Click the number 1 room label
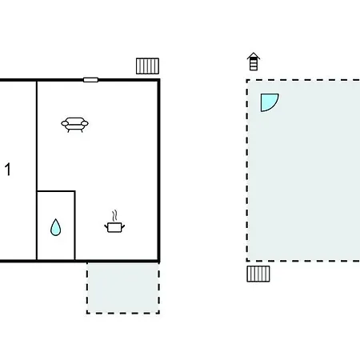pyautogui.click(x=8, y=170)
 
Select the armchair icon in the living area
pyautogui.click(x=74, y=125)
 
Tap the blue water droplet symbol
pyautogui.click(x=55, y=227)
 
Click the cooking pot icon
pyautogui.click(x=114, y=227)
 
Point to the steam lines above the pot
pyautogui.click(x=114, y=216)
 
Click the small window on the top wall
pyautogui.click(x=90, y=80)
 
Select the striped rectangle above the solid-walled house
pyautogui.click(x=147, y=66)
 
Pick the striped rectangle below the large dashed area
pyautogui.click(x=258, y=274)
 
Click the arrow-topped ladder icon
pyautogui.click(x=254, y=62)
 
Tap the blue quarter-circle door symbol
pyautogui.click(x=268, y=102)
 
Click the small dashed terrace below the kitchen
pyautogui.click(x=123, y=288)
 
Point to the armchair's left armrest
pyautogui.click(x=65, y=123)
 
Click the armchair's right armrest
pyautogui.click(x=85, y=123)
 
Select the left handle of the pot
pyautogui.click(x=106, y=226)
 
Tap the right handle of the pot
pyautogui.click(x=123, y=226)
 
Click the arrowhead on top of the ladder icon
pyautogui.click(x=254, y=55)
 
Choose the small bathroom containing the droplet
pyautogui.click(x=56, y=226)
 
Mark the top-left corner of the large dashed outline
pyautogui.click(x=247, y=80)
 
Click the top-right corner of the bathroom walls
pyautogui.click(x=74, y=191)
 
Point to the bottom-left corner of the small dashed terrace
pyautogui.click(x=87, y=313)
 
